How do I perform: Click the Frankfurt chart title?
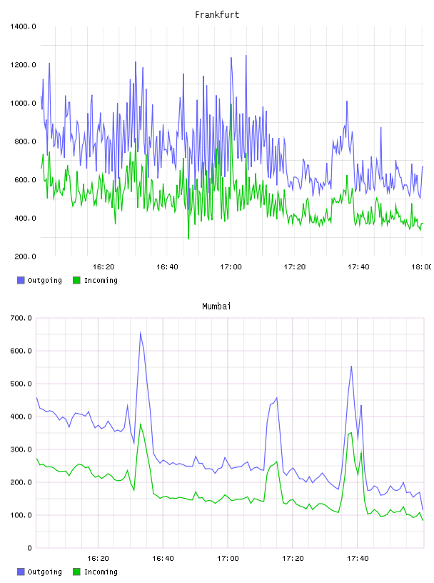(217, 14)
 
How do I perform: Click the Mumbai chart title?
(216, 306)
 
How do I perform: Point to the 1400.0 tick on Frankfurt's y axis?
(23, 26)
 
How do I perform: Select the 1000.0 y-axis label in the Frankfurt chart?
(23, 103)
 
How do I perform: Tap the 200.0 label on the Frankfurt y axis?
(25, 256)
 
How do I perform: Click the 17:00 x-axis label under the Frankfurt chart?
(231, 266)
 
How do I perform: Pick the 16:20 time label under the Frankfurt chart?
(104, 266)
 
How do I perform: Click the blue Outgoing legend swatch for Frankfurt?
(21, 280)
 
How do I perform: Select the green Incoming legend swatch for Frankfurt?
(76, 280)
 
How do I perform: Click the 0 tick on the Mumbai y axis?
(30, 548)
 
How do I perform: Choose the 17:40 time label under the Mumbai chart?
(358, 558)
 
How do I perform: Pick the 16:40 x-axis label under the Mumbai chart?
(163, 558)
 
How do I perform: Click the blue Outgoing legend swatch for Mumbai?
(21, 572)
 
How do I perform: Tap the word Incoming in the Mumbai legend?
(101, 572)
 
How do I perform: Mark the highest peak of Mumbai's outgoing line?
(140, 332)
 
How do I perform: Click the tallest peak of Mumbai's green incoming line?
(141, 424)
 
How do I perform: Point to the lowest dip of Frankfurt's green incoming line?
(188, 239)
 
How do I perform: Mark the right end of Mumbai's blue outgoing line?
(423, 509)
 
